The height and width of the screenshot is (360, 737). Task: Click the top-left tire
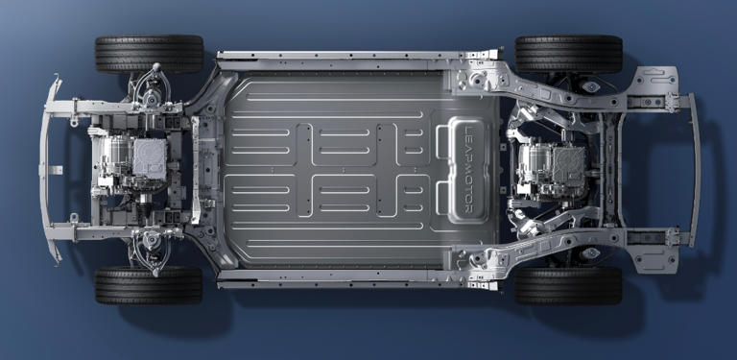[150, 54]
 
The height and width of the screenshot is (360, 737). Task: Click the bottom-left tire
[149, 285]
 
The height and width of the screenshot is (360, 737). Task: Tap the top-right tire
[569, 54]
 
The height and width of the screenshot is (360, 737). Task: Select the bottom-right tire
[568, 286]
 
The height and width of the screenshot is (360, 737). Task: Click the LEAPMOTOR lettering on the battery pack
[468, 170]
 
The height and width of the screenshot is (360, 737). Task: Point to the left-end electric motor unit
[132, 159]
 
